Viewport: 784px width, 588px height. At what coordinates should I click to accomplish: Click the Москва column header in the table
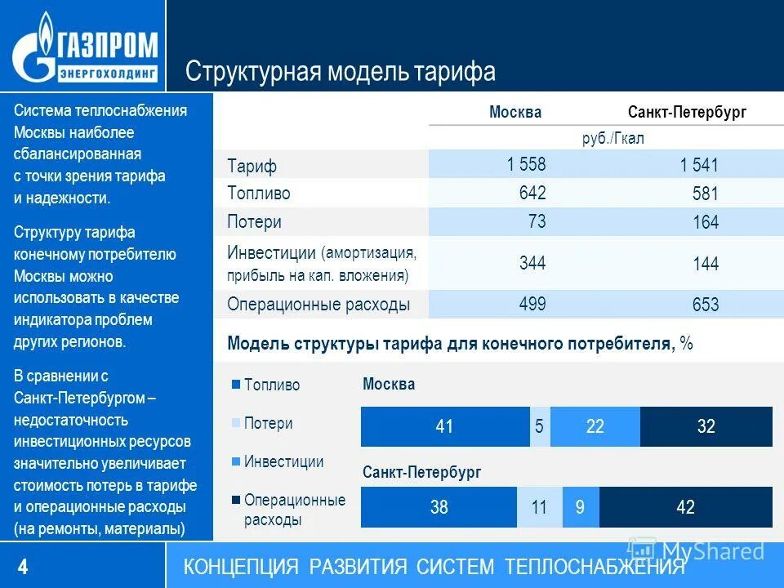click(x=514, y=112)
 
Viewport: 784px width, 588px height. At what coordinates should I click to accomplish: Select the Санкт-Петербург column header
click(x=687, y=112)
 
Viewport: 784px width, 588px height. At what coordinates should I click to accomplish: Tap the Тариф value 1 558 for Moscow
click(x=526, y=164)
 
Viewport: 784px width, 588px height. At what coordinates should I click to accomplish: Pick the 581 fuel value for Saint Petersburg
click(x=705, y=194)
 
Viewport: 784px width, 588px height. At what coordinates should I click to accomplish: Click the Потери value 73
click(x=537, y=221)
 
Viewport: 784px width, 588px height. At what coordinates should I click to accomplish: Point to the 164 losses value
click(x=705, y=222)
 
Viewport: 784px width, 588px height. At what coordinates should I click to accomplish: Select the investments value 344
click(x=532, y=263)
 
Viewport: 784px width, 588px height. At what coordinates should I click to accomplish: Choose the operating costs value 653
click(x=705, y=305)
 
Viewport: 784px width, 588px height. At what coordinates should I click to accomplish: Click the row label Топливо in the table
click(x=258, y=194)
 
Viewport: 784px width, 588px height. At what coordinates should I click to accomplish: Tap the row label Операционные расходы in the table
click(x=318, y=305)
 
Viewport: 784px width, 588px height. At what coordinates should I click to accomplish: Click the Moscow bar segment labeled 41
click(x=445, y=426)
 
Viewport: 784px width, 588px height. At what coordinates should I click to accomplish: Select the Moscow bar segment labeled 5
click(x=539, y=426)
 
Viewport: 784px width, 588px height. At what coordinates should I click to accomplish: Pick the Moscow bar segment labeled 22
click(x=595, y=426)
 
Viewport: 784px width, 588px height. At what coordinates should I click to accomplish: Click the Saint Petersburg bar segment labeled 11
click(x=538, y=507)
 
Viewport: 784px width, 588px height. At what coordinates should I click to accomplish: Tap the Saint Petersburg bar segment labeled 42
click(x=685, y=507)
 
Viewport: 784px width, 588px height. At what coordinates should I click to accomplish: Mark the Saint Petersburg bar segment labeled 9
click(x=580, y=507)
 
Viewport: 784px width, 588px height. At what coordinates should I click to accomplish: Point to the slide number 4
click(x=23, y=566)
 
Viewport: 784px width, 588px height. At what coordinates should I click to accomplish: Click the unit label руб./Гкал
click(x=612, y=138)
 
